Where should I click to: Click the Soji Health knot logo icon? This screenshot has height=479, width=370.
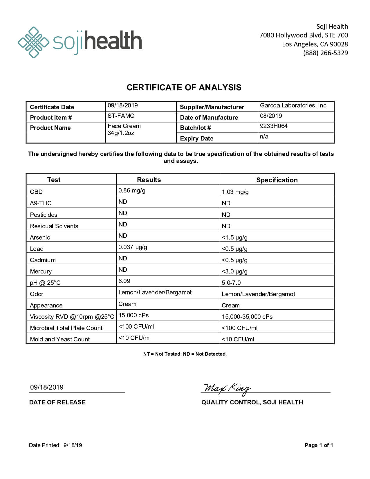(x=33, y=42)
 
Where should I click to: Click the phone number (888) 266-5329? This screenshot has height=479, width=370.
(x=325, y=53)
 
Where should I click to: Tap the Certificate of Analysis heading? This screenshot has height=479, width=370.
(x=184, y=87)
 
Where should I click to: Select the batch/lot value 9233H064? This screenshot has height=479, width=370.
(x=274, y=126)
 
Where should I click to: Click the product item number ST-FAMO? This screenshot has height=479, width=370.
(x=121, y=116)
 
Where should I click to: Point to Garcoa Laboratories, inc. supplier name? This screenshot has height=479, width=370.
(x=294, y=105)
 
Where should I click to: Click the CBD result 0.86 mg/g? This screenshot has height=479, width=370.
(x=132, y=190)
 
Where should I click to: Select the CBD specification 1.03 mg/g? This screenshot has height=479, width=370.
(x=235, y=192)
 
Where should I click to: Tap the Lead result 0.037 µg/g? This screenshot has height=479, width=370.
(x=133, y=247)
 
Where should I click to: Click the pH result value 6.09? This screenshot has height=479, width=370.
(x=124, y=281)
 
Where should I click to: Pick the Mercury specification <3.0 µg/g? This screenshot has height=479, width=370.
(x=234, y=271)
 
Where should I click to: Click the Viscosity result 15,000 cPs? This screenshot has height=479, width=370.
(x=133, y=315)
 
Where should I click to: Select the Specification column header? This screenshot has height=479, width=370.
(x=277, y=180)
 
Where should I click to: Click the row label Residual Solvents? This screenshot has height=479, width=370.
(x=54, y=226)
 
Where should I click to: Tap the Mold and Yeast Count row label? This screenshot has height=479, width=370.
(x=60, y=339)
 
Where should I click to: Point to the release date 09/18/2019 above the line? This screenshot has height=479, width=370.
(x=47, y=387)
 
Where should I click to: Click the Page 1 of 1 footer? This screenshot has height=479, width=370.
(x=319, y=445)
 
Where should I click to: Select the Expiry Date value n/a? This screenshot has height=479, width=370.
(x=264, y=136)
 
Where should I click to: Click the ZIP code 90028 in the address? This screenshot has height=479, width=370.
(x=339, y=44)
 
